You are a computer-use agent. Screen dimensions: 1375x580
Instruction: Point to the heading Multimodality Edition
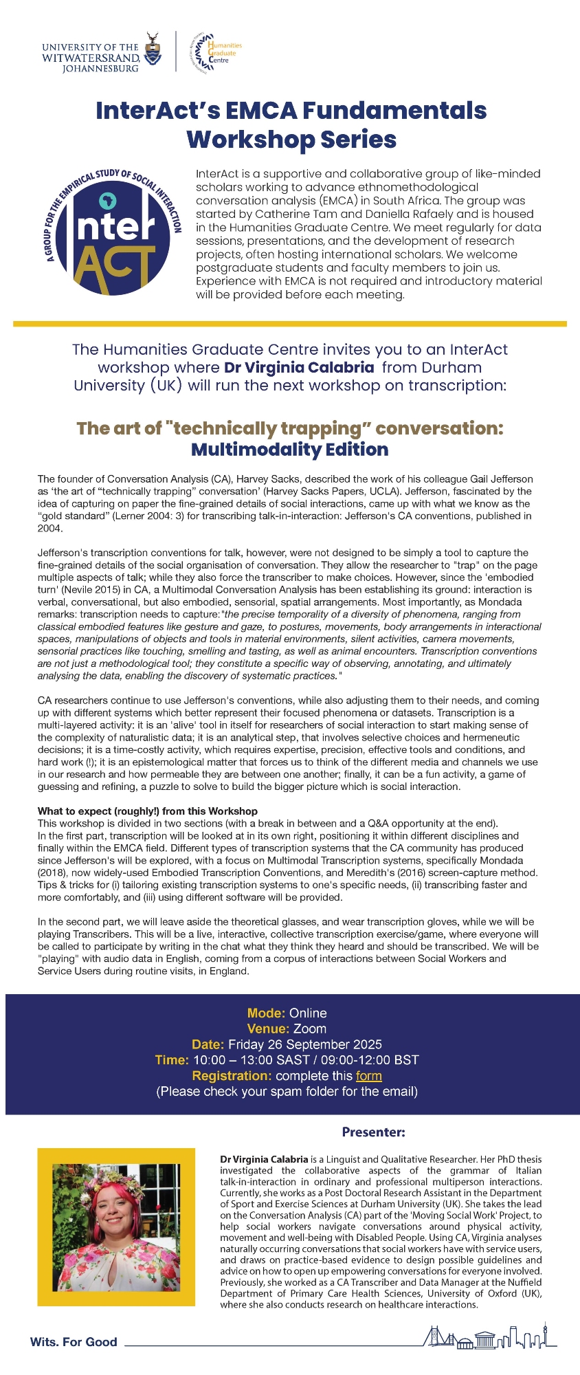(x=289, y=450)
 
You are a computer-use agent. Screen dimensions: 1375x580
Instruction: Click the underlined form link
(x=369, y=1076)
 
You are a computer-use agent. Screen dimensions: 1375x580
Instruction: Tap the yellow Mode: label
(x=266, y=1013)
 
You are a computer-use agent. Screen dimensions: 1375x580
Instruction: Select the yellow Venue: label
(x=268, y=1029)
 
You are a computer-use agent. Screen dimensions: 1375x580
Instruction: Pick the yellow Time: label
(x=172, y=1060)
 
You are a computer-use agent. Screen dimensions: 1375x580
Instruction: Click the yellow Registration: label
(x=232, y=1076)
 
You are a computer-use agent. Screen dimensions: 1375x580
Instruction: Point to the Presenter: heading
(x=373, y=1132)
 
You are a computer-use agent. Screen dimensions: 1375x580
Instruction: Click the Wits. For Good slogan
(x=74, y=1342)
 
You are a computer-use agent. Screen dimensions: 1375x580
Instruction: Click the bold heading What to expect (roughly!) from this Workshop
(x=148, y=811)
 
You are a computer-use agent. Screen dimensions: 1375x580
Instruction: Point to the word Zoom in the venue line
(x=310, y=1029)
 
